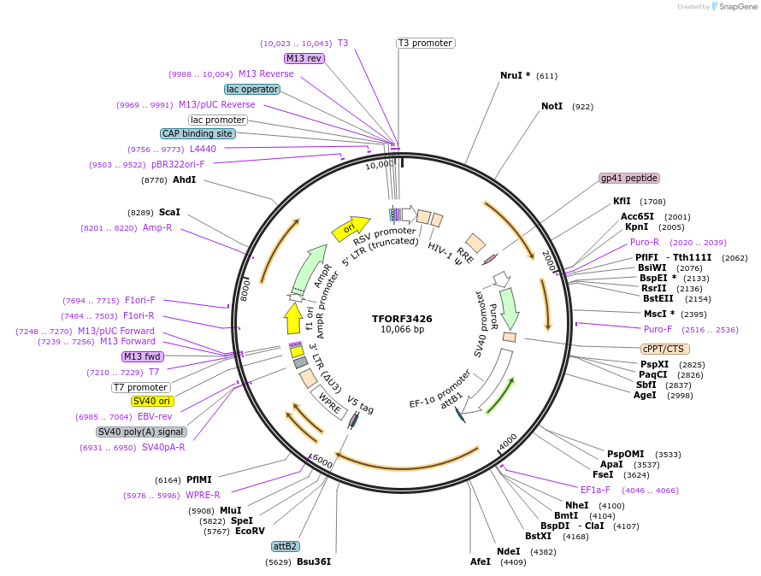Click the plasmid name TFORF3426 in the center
(x=402, y=319)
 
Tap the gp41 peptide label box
(x=629, y=178)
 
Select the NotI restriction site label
(x=552, y=107)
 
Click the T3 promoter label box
(x=425, y=43)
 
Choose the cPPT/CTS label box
(x=664, y=349)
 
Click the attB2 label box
(x=285, y=546)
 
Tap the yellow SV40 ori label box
(x=151, y=401)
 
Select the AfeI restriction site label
(x=481, y=561)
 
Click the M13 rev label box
(x=304, y=58)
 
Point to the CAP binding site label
(x=198, y=133)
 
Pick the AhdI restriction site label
(x=184, y=180)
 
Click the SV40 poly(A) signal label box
(x=141, y=432)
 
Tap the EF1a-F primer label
(x=595, y=490)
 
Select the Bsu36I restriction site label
(x=313, y=561)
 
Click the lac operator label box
(x=252, y=89)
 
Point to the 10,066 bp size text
(x=402, y=330)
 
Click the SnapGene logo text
(x=740, y=7)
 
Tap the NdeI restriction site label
(x=508, y=551)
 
